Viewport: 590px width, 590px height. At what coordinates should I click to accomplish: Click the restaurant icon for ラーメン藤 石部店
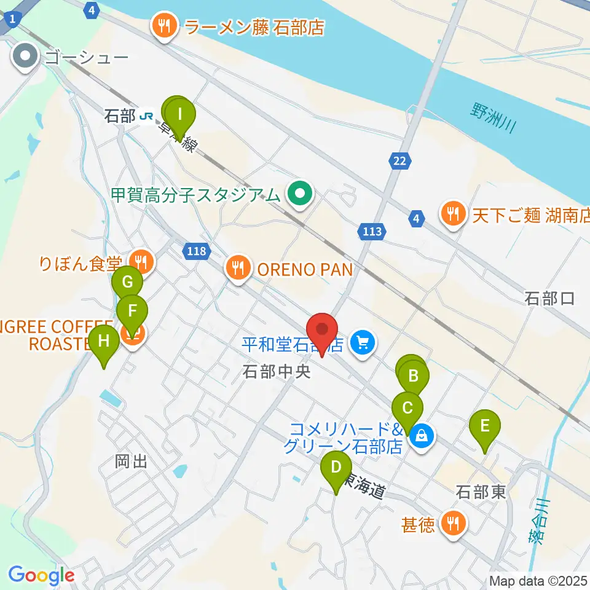[163, 27]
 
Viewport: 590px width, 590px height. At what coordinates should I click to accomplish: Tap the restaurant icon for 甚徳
[454, 524]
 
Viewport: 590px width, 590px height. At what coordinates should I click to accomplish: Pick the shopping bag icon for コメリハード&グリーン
[422, 436]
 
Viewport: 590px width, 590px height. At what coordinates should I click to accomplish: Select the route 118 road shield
[197, 251]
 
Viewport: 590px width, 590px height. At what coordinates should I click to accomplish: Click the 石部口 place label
[549, 299]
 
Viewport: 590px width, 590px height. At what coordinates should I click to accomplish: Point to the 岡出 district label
[132, 462]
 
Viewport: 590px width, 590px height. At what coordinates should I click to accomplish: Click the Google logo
[41, 576]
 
